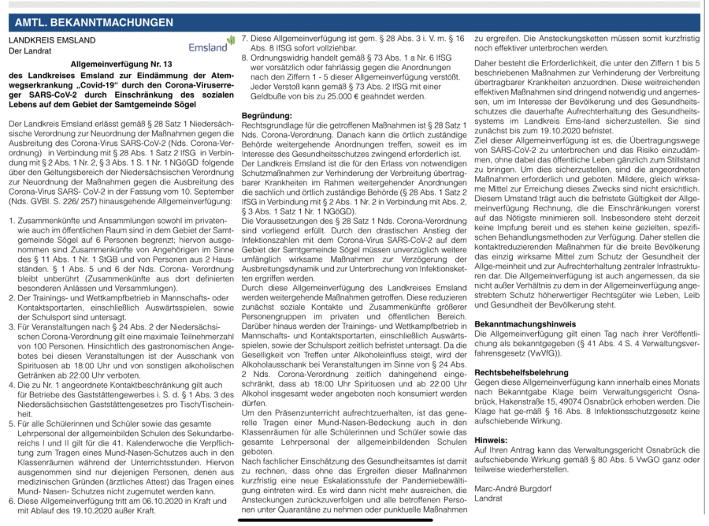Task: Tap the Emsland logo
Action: point(211,45)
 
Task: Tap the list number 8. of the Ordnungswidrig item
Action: point(246,58)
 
